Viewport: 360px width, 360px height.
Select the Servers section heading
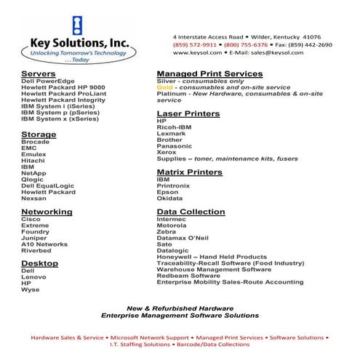[x=39, y=74]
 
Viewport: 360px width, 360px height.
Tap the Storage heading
[x=39, y=134]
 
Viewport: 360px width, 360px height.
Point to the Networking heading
[x=47, y=212]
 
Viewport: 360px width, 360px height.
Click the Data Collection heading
[x=191, y=212]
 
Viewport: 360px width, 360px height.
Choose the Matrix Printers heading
[x=190, y=172]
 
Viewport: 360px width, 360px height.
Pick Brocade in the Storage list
[x=36, y=142]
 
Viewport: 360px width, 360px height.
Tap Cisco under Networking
[x=31, y=219]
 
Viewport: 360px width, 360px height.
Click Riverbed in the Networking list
[x=36, y=251]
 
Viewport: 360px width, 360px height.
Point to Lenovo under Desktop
[x=33, y=277]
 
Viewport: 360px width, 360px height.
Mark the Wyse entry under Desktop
[x=31, y=289]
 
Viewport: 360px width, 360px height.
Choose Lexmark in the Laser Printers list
[x=171, y=133]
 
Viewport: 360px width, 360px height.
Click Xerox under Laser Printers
[x=167, y=151]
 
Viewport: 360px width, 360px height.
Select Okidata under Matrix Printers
[x=170, y=198]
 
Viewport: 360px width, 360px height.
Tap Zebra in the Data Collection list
[x=167, y=231]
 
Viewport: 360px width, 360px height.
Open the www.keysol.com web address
[x=197, y=53]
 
